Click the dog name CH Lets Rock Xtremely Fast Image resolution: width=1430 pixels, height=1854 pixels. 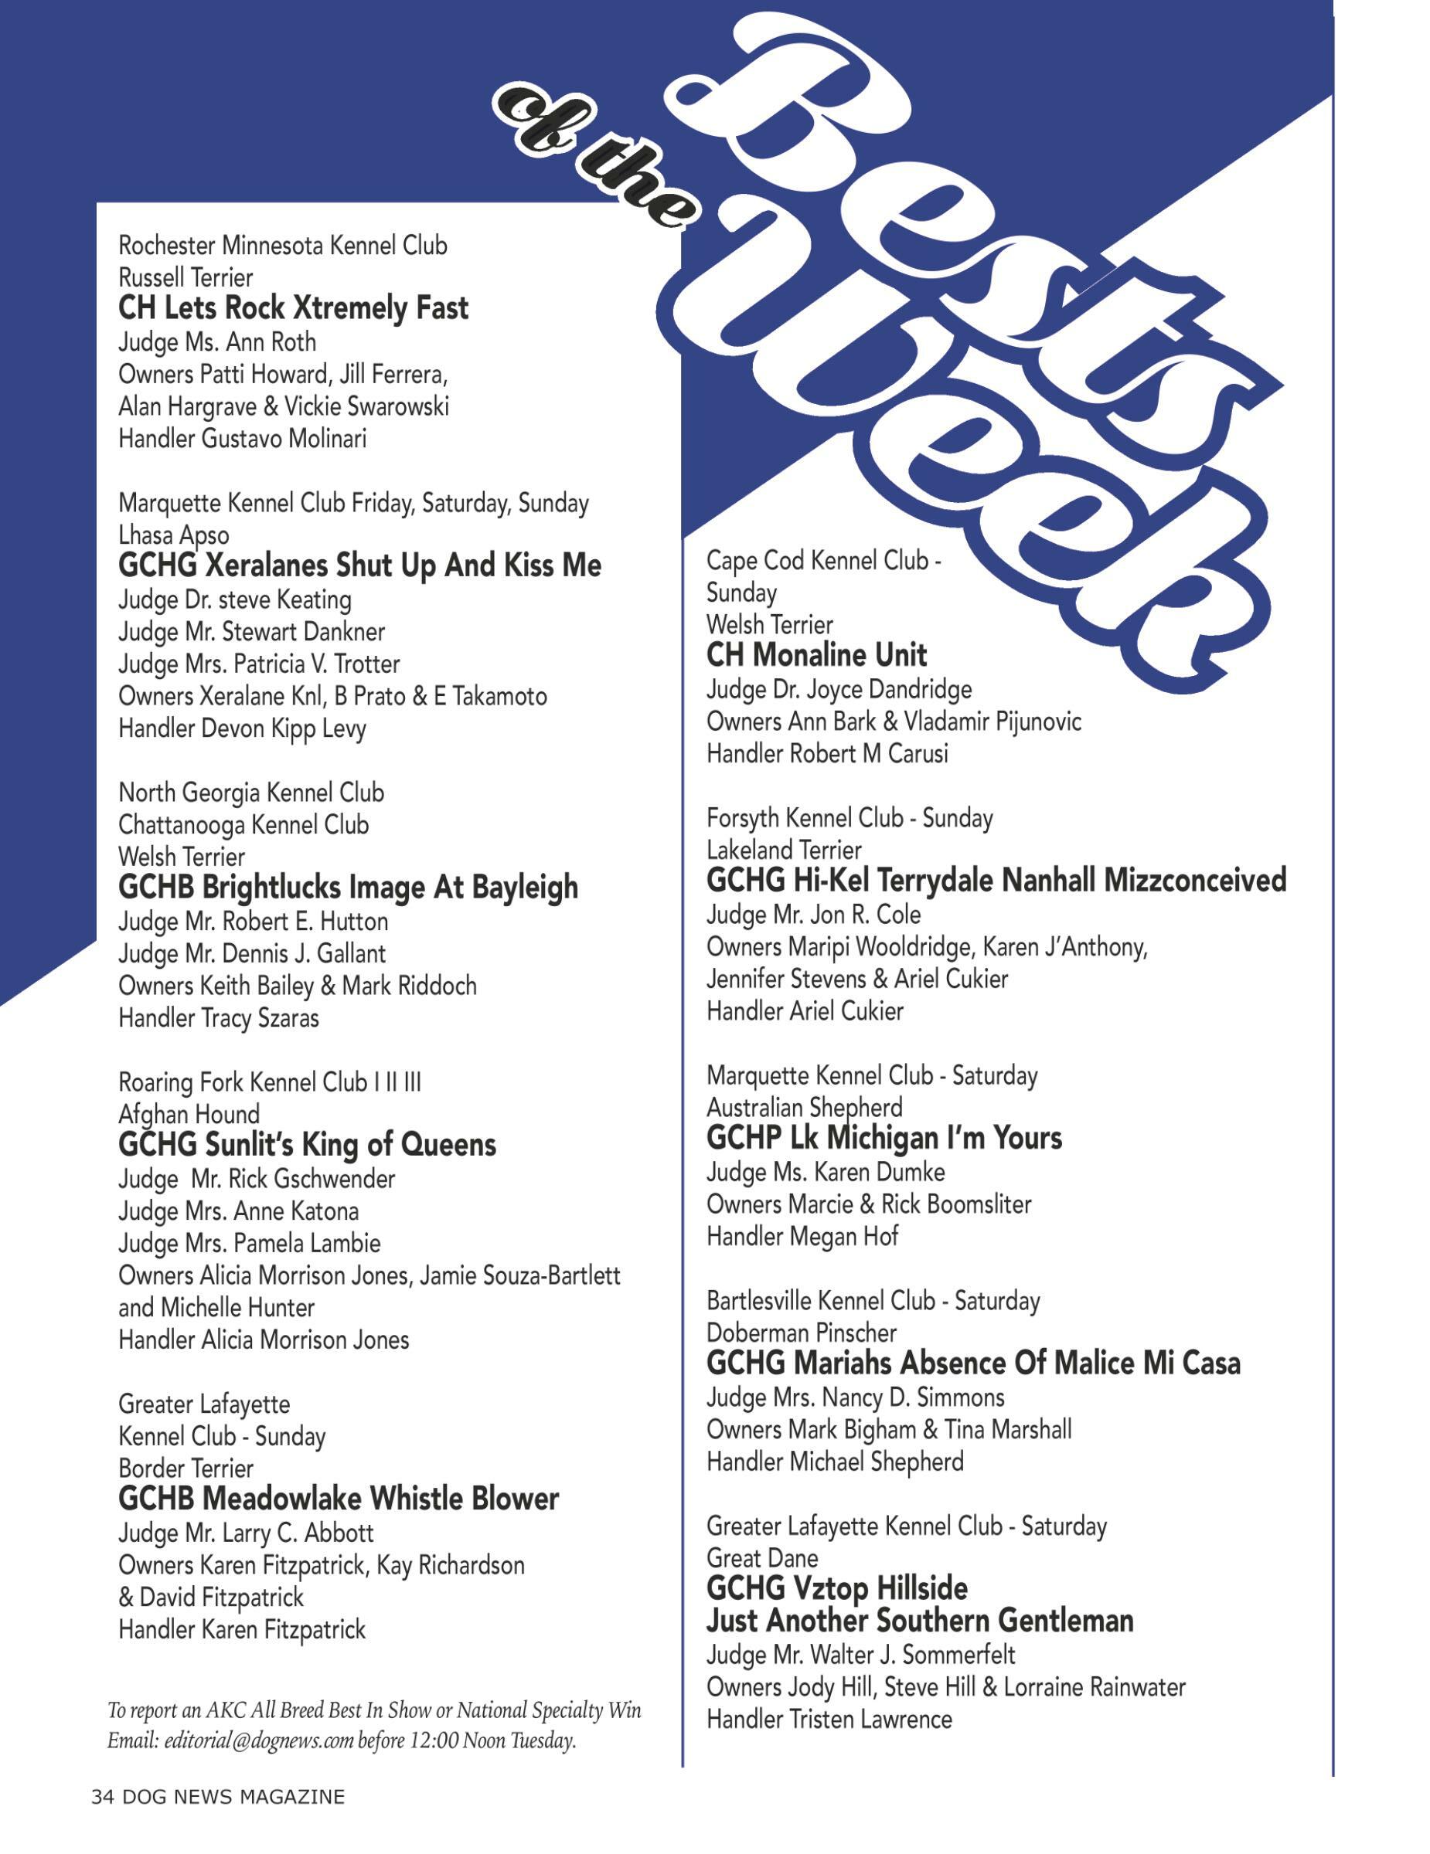click(x=293, y=308)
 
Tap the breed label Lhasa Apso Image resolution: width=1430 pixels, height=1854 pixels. click(x=173, y=535)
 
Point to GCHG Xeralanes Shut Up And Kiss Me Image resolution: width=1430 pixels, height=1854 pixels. click(x=359, y=565)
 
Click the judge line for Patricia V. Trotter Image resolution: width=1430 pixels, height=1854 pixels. click(x=259, y=664)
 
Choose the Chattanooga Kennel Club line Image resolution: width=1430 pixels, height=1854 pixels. click(x=243, y=824)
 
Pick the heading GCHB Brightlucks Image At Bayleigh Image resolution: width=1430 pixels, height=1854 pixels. click(x=348, y=887)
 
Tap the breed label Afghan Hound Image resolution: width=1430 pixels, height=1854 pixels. click(x=189, y=1114)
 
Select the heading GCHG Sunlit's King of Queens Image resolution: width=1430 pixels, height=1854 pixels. click(x=307, y=1145)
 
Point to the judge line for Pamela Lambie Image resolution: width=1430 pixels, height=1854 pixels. click(x=249, y=1243)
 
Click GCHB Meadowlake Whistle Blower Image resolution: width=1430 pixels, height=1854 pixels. click(x=338, y=1499)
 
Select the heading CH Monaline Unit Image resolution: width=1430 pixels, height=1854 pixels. click(x=816, y=654)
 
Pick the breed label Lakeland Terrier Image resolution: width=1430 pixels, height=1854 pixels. click(x=783, y=850)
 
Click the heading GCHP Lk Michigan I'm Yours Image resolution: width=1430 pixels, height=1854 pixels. click(x=884, y=1138)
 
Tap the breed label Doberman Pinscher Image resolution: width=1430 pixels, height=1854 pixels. click(x=801, y=1332)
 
